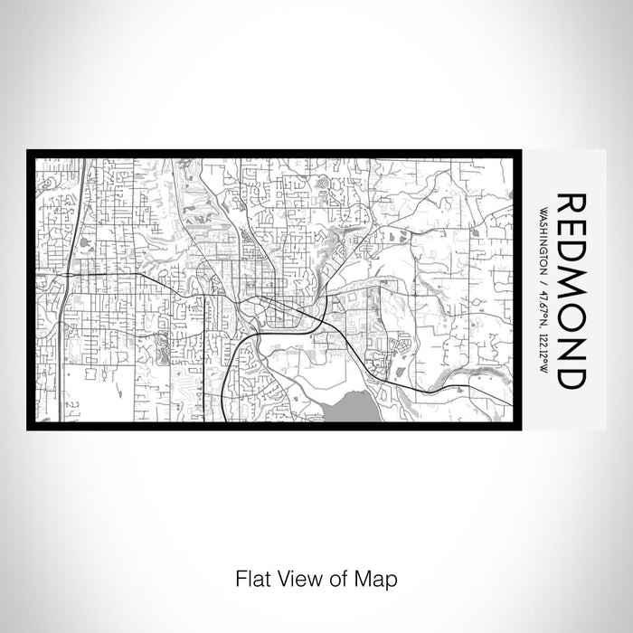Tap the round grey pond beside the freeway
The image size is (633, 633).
85,242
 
